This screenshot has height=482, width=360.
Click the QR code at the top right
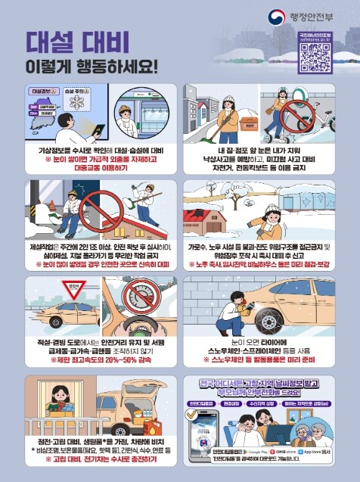coord(315,54)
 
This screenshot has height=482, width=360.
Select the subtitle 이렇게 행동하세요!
coord(91,65)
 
